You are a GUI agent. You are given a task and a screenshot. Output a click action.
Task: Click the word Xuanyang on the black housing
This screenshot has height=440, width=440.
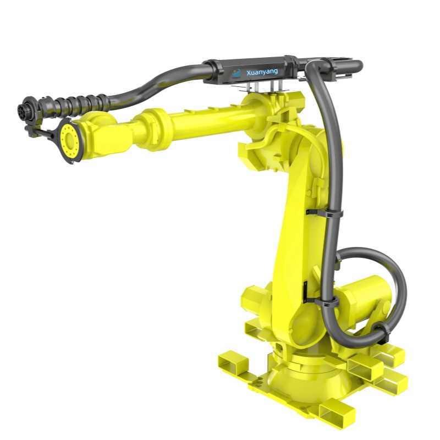pos(262,72)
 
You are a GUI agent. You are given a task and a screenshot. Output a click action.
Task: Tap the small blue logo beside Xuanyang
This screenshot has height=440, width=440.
pos(237,74)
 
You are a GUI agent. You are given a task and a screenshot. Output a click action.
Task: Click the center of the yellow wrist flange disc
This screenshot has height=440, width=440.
pos(68,140)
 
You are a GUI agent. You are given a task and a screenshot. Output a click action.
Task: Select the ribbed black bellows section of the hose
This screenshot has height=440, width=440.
pos(74,105)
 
